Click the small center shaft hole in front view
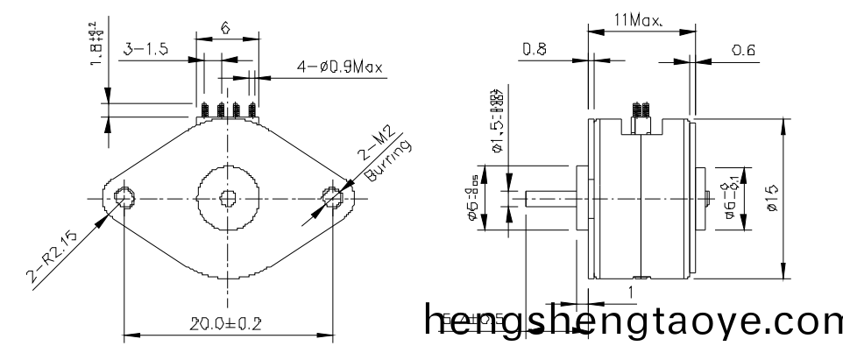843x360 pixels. point(228,198)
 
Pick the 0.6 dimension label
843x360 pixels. point(744,50)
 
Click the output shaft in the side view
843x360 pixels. point(550,199)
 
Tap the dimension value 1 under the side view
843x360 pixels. point(629,291)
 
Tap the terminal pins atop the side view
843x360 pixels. point(641,110)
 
